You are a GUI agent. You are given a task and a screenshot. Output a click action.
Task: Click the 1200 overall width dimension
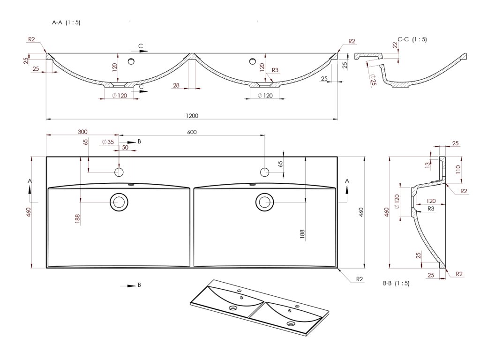click(192, 116)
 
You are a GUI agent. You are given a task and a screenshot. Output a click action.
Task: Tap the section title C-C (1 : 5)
click(412, 39)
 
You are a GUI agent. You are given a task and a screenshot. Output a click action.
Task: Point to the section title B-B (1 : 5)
click(396, 283)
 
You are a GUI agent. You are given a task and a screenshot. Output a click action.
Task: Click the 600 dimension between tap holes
click(191, 132)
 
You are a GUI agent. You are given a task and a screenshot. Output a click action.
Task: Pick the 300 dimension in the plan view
click(83, 132)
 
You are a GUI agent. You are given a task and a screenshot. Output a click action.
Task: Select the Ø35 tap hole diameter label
click(107, 142)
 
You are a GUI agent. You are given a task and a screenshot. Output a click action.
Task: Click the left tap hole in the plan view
click(119, 172)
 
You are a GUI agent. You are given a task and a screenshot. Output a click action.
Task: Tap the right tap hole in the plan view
click(265, 172)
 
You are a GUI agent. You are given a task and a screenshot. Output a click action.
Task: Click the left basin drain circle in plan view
click(119, 202)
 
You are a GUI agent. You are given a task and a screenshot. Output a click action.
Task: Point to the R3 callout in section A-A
click(275, 70)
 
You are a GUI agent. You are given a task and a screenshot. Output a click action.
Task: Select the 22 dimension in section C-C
click(394, 45)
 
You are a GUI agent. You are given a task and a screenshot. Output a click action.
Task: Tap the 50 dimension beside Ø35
click(125, 147)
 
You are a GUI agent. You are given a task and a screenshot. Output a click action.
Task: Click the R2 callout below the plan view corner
click(360, 279)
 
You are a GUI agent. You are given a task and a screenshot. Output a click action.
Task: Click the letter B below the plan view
click(139, 285)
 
